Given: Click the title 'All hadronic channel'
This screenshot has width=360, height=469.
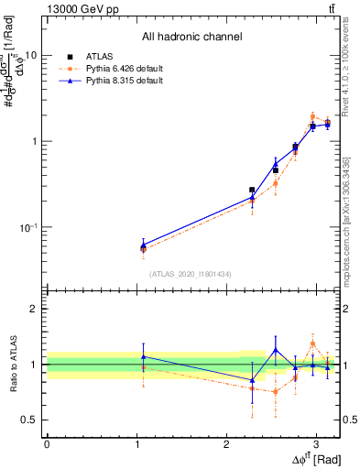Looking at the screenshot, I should click(191, 38).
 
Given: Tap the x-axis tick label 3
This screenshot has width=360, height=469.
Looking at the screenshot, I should click(316, 442).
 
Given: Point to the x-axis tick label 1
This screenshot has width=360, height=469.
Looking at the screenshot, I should click(136, 442).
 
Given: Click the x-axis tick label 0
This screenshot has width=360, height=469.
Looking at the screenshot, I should click(47, 442).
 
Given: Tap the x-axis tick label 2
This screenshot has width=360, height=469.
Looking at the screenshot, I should click(226, 442).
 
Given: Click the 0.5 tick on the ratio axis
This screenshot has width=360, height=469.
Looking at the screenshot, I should click(31, 420).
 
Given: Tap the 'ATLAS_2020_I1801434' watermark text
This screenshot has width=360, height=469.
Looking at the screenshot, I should click(191, 274).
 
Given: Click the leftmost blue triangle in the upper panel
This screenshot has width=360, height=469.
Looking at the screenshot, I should click(143, 245).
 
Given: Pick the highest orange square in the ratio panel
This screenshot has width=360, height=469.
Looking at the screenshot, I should click(312, 344).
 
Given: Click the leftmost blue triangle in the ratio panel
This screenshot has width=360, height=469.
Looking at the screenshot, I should click(143, 356).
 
